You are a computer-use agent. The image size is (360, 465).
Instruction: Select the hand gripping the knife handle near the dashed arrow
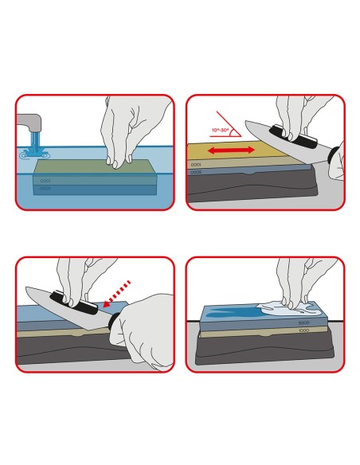pyautogui.click(x=147, y=318)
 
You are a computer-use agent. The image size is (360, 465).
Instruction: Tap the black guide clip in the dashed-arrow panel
pyautogui.click(x=68, y=300)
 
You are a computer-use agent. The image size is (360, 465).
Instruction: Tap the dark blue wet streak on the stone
pyautogui.click(x=239, y=312)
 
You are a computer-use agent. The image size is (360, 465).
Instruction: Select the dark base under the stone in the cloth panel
pyautogui.click(x=263, y=350)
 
